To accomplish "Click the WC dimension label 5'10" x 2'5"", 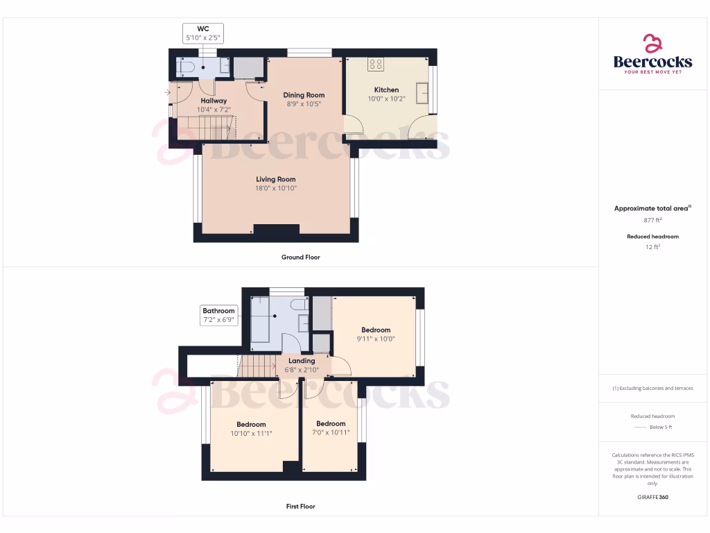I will click(x=203, y=38).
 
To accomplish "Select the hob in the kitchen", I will click(x=376, y=65).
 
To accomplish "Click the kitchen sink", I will click(x=422, y=92).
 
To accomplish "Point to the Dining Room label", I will click(x=304, y=95).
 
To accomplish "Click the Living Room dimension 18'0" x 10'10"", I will click(x=276, y=188).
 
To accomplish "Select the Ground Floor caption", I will click(x=301, y=257).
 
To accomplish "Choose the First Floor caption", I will click(x=301, y=507).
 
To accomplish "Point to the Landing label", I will click(x=302, y=361).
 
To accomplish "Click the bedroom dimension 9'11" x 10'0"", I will click(x=375, y=339).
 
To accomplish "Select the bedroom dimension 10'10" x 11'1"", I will click(x=251, y=433).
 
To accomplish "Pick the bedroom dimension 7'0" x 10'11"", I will click(x=331, y=432).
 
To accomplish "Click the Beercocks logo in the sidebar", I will click(x=652, y=54).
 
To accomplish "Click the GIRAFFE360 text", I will click(x=652, y=497).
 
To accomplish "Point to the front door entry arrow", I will click(x=167, y=92).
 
